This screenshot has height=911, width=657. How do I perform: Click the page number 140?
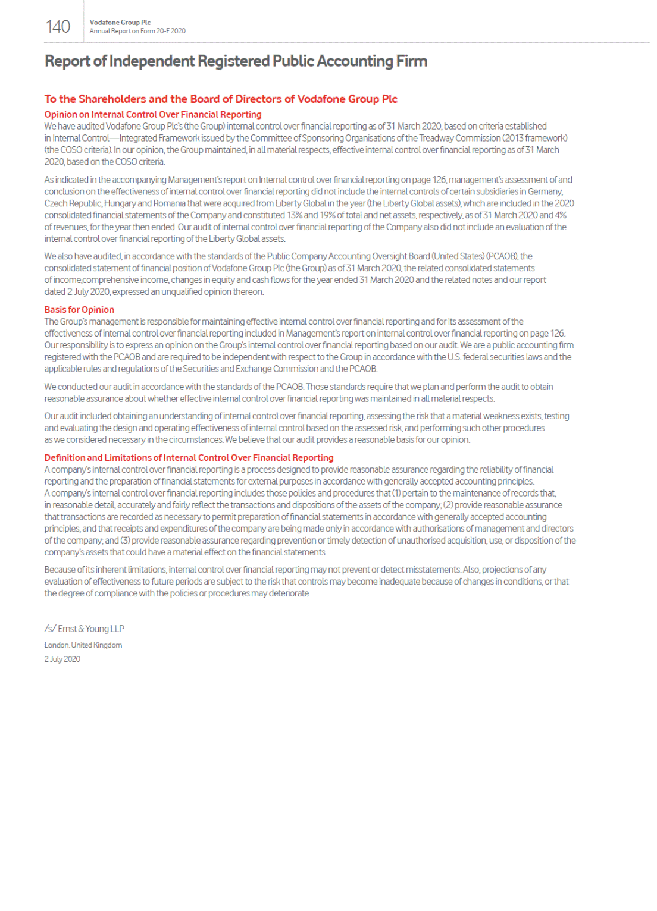[x=58, y=27]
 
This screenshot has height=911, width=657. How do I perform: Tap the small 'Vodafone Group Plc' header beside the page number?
[x=120, y=23]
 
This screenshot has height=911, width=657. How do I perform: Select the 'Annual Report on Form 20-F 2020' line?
[x=137, y=31]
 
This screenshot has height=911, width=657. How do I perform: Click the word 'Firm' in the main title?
[x=412, y=61]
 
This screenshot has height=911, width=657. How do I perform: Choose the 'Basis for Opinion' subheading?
[x=79, y=310]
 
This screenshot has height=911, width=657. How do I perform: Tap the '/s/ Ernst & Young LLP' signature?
[x=84, y=629]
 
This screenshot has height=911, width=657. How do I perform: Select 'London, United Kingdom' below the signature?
[x=83, y=645]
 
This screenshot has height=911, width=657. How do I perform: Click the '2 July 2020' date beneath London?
[x=62, y=659]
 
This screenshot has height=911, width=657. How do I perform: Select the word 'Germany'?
[x=546, y=191]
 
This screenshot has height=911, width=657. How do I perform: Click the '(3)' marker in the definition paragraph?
[x=126, y=541]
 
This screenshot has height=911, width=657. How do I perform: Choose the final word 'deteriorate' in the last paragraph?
[x=289, y=593]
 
